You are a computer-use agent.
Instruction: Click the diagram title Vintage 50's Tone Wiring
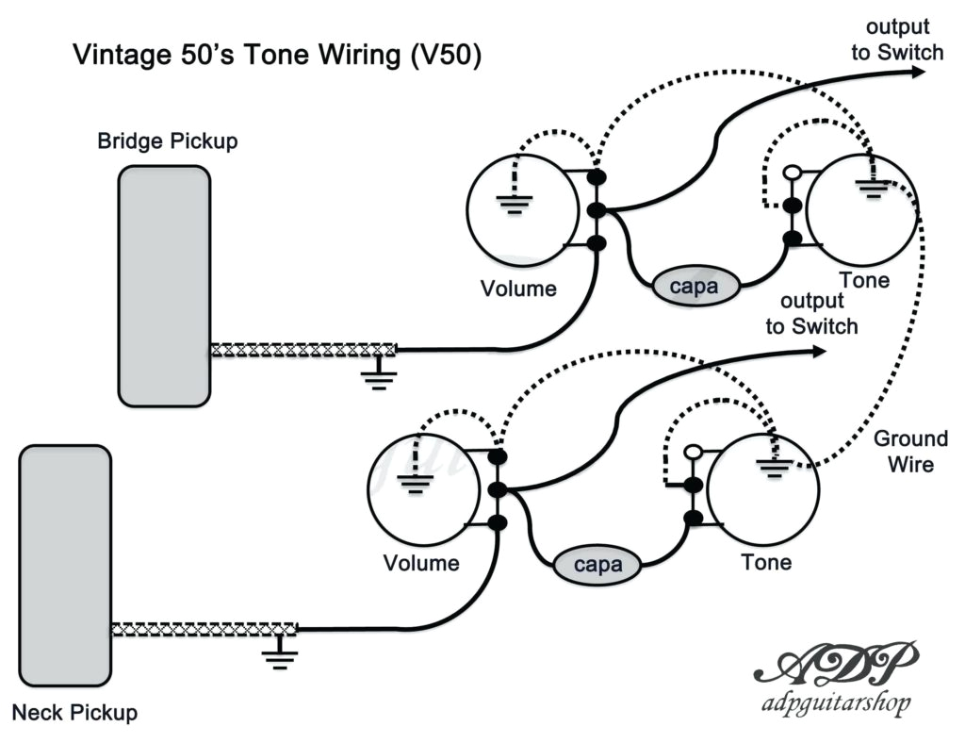(278, 55)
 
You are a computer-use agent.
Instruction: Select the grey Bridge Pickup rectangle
(163, 286)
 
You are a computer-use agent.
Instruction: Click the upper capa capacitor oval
(698, 286)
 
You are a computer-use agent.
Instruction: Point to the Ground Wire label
(910, 452)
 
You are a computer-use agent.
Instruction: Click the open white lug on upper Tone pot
(793, 173)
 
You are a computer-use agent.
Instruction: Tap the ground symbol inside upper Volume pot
(514, 202)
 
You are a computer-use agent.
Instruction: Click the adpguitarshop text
(832, 703)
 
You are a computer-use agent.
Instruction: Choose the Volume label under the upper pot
(518, 289)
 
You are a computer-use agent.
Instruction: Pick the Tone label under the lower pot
(765, 563)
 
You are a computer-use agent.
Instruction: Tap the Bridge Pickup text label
(168, 141)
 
